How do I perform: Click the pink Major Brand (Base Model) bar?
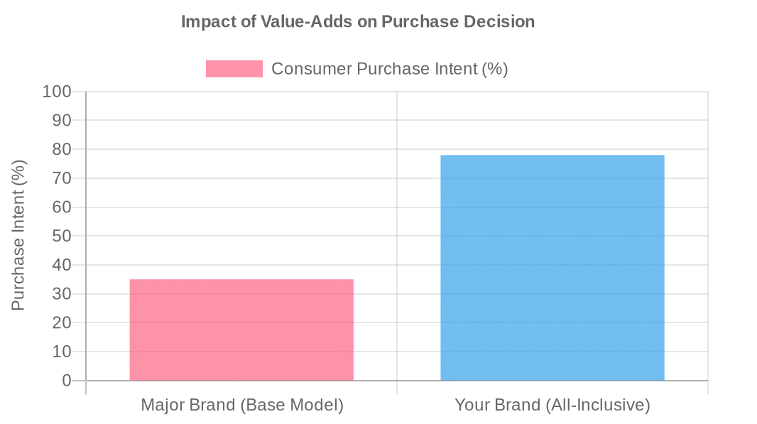(x=241, y=330)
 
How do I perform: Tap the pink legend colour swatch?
(x=234, y=69)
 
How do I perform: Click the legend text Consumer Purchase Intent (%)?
(x=389, y=69)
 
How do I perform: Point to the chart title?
(x=358, y=21)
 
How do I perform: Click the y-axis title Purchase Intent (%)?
(x=18, y=235)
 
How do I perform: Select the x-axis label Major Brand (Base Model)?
(x=242, y=405)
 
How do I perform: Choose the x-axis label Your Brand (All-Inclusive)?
(x=552, y=405)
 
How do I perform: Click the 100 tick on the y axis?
(x=57, y=92)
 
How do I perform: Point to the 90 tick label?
(x=62, y=121)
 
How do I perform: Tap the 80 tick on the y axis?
(x=62, y=150)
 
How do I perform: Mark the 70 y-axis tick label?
(x=62, y=178)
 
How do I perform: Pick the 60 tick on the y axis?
(x=62, y=207)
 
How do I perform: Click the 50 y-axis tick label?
(x=62, y=236)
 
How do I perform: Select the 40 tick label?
(x=62, y=265)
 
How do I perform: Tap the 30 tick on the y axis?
(x=62, y=294)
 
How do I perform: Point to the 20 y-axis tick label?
(x=62, y=322)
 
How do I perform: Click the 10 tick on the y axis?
(x=62, y=352)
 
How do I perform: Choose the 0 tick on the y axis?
(x=67, y=381)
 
